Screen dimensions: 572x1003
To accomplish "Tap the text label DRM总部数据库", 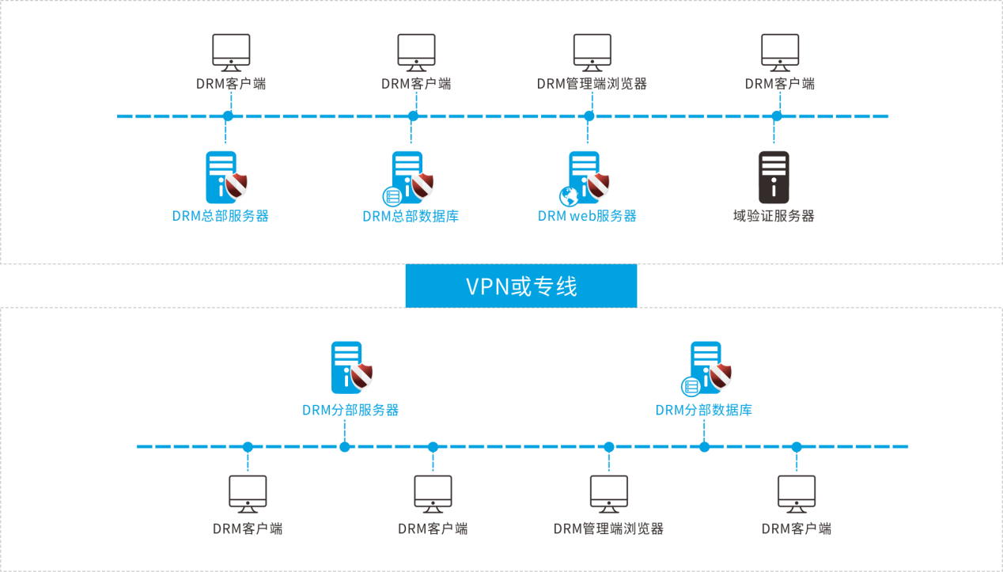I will click(411, 216).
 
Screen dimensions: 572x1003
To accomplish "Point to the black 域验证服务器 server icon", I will click(774, 177).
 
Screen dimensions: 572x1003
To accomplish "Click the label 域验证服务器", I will click(774, 216).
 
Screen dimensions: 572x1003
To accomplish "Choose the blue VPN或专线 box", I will click(521, 286).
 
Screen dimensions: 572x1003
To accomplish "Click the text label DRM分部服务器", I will click(350, 410).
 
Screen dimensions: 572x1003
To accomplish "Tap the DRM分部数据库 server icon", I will click(706, 367).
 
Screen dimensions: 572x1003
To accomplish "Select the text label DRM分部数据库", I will click(704, 410).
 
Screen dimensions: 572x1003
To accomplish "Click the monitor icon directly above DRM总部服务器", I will click(231, 52).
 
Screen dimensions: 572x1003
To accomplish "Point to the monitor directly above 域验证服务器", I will click(780, 52).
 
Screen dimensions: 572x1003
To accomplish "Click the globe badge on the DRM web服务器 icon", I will click(569, 195).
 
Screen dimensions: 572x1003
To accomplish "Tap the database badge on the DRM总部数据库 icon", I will click(391, 195).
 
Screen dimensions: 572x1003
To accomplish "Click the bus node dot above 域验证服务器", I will click(777, 116).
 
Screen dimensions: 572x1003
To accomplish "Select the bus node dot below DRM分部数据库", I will click(705, 447).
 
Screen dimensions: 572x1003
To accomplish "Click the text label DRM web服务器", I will click(587, 216).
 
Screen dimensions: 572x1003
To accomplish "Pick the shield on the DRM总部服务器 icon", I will click(236, 186).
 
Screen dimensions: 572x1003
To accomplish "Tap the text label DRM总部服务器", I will click(221, 216).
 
